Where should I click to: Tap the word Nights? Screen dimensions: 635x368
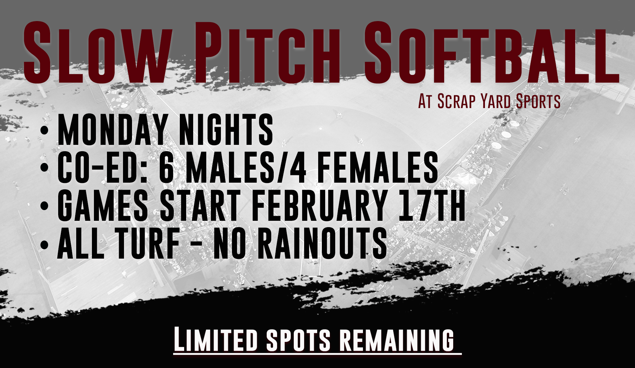(x=226, y=130)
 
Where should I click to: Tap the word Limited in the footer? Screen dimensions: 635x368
(x=216, y=340)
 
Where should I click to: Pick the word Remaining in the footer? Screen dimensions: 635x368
(x=397, y=340)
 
